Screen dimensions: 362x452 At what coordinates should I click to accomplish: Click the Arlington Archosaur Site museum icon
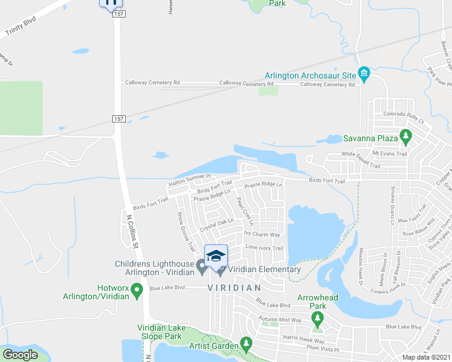pyautogui.click(x=364, y=75)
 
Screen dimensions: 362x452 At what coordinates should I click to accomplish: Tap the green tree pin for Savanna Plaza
pyautogui.click(x=407, y=138)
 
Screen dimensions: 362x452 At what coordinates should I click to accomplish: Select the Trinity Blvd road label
pyautogui.click(x=20, y=28)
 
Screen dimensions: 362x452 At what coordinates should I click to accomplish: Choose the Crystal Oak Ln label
pyautogui.click(x=217, y=224)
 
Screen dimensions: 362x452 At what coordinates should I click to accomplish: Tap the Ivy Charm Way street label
pyautogui.click(x=262, y=234)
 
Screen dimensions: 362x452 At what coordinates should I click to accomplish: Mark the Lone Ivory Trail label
pyautogui.click(x=264, y=248)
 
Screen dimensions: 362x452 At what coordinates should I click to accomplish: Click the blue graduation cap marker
pyautogui.click(x=215, y=256)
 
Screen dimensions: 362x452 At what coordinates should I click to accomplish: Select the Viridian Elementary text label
pyautogui.click(x=263, y=269)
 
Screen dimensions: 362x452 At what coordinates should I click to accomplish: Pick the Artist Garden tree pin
pyautogui.click(x=245, y=344)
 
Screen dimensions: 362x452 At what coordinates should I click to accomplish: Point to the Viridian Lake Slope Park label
pyautogui.click(x=159, y=331)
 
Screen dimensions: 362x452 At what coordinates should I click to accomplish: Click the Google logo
pyautogui.click(x=19, y=355)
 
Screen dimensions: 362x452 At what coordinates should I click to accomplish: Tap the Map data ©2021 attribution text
pyautogui.click(x=425, y=357)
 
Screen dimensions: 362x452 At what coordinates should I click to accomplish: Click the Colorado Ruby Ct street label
pyautogui.click(x=404, y=118)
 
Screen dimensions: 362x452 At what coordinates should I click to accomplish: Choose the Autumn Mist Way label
pyautogui.click(x=280, y=319)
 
